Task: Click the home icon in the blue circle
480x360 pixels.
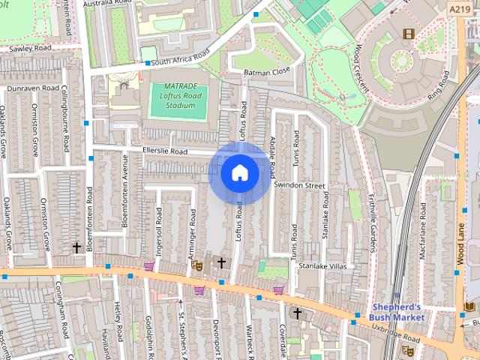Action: point(240,173)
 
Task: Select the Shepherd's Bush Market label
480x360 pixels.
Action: point(398,311)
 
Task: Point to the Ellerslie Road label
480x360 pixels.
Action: point(164,151)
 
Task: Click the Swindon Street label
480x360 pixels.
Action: point(299,184)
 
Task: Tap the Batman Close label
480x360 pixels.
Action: point(267,72)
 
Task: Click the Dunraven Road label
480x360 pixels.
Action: point(32,88)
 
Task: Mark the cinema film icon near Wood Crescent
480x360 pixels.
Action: point(408,33)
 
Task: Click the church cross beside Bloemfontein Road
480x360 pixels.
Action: point(76,247)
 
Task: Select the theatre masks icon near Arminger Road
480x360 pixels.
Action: point(197,265)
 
